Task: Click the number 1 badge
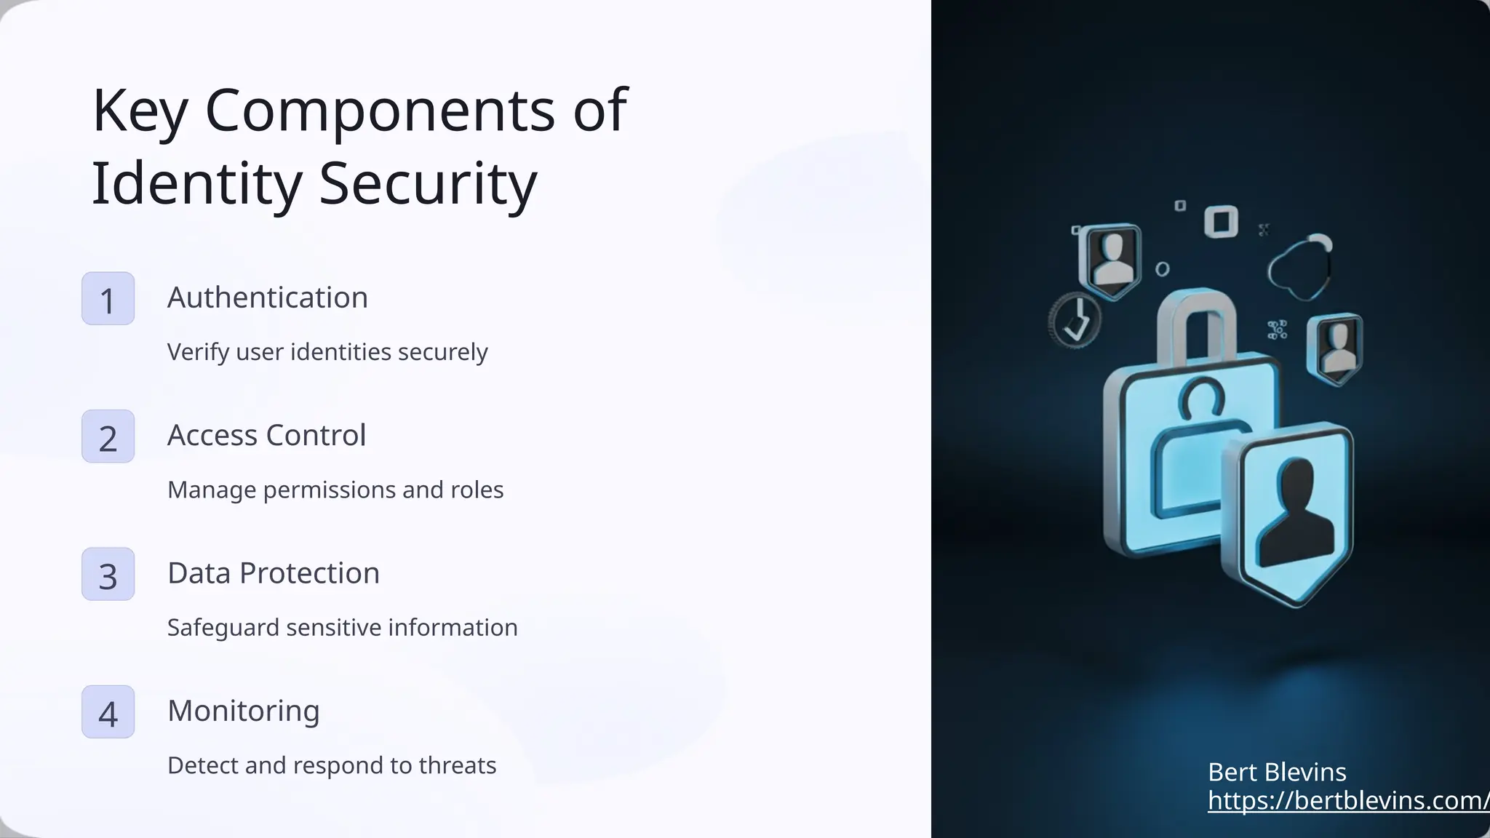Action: pos(108,299)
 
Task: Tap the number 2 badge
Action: pos(108,436)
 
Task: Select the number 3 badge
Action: pos(108,575)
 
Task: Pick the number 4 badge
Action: pos(108,712)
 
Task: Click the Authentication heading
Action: pos(268,298)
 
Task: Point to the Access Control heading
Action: pos(266,435)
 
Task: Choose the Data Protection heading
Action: pos(274,573)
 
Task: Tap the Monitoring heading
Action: pos(244,711)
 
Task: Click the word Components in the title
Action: pos(379,111)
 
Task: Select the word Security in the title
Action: pos(428,183)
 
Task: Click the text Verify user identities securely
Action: pos(327,352)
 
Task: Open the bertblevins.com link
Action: pos(1348,801)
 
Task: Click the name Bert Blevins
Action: pos(1277,772)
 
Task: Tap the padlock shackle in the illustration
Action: pos(1197,320)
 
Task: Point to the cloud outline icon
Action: pos(1301,268)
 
